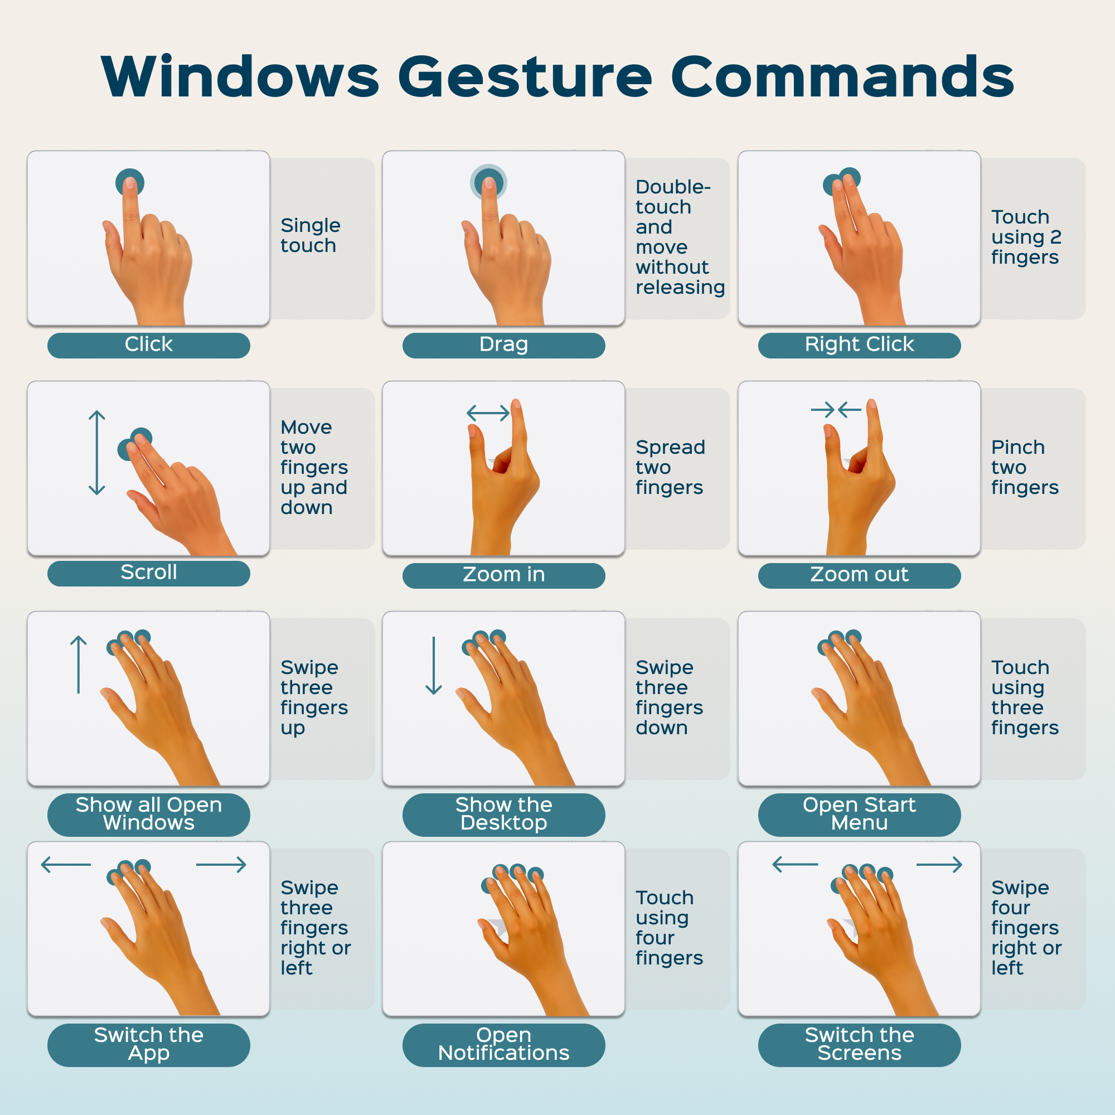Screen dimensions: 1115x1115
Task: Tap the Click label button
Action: pyautogui.click(x=149, y=345)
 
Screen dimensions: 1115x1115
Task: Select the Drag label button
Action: pyautogui.click(x=504, y=345)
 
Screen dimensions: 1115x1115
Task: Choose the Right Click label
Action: pyautogui.click(x=859, y=345)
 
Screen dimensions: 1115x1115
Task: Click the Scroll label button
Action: pyautogui.click(x=149, y=573)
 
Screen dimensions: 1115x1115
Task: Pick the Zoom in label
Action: pyautogui.click(x=504, y=575)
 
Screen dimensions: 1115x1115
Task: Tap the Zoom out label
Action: pyautogui.click(x=859, y=575)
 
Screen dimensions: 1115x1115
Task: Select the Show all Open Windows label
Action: pyautogui.click(x=149, y=815)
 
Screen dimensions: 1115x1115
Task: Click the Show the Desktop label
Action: pyautogui.click(x=504, y=815)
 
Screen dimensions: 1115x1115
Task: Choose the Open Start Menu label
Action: pyautogui.click(x=859, y=815)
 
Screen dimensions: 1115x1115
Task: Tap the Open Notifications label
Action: pyautogui.click(x=504, y=1045)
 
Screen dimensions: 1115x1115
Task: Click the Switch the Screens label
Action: pyautogui.click(x=859, y=1045)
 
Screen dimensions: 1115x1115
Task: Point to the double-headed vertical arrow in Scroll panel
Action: pyautogui.click(x=97, y=453)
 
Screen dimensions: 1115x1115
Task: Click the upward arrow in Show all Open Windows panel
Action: pyautogui.click(x=79, y=665)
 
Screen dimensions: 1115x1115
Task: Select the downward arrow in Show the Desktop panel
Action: pyautogui.click(x=433, y=665)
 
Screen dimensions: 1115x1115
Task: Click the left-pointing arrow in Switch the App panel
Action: pyautogui.click(x=66, y=865)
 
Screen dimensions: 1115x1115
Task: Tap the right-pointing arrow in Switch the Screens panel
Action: pyautogui.click(x=939, y=865)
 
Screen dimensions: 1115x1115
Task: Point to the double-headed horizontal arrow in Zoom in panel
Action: pyautogui.click(x=488, y=413)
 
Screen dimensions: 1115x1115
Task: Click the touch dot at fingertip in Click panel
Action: pyautogui.click(x=130, y=183)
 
